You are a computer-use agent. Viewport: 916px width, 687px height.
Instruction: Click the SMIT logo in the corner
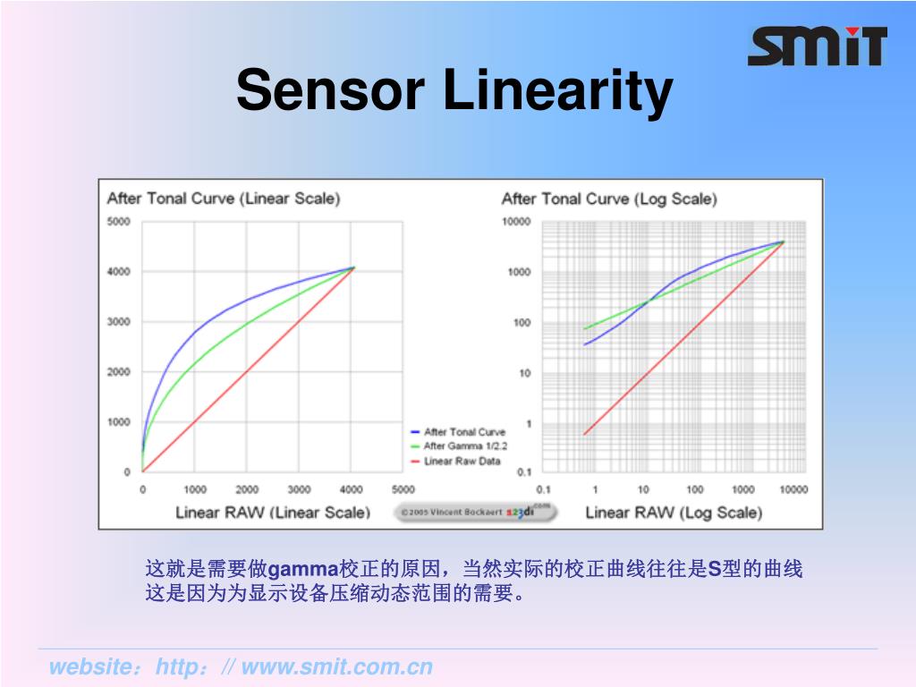tap(817, 47)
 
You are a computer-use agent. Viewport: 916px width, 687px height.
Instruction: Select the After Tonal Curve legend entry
tap(463, 432)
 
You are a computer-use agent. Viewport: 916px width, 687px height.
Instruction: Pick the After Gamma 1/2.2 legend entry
tap(464, 446)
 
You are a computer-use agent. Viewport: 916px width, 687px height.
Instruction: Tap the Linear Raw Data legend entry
tap(462, 461)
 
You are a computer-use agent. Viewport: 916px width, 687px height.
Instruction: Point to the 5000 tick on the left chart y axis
tap(118, 222)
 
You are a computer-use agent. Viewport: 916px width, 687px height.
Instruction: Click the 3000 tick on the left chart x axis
tap(299, 489)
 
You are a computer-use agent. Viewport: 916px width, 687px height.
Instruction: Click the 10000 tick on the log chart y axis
tap(516, 222)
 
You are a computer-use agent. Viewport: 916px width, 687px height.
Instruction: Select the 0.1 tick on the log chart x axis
tap(543, 489)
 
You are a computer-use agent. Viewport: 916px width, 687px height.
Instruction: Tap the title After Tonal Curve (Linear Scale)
tap(223, 199)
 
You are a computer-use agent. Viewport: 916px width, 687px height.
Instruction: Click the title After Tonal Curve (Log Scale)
tap(608, 199)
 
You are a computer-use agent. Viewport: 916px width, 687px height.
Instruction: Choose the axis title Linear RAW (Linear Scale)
tap(272, 513)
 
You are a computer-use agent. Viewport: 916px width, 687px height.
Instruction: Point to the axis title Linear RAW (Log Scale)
tap(674, 513)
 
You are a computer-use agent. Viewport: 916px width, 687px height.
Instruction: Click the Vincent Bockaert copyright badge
tap(475, 513)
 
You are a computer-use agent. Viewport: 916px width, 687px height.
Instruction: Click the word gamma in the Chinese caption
tap(304, 570)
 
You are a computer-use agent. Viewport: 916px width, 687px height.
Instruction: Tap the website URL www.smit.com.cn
tap(337, 667)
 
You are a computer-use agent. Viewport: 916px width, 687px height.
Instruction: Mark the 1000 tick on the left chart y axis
tap(118, 422)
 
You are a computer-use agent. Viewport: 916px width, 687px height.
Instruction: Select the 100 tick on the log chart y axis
tap(522, 322)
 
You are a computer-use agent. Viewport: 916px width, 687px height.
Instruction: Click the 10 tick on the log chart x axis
tap(643, 489)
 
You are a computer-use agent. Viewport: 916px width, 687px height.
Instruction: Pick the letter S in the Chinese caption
tap(714, 570)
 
